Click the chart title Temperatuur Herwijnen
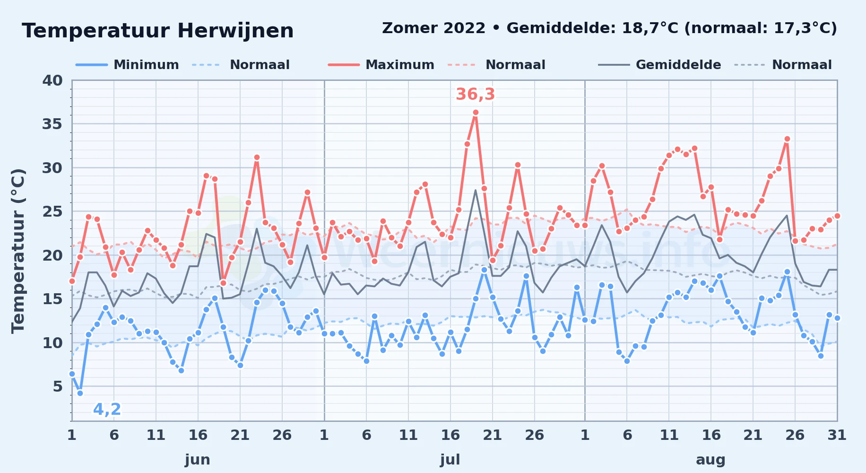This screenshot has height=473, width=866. pyautogui.click(x=158, y=31)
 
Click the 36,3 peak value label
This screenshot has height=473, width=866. pyautogui.click(x=475, y=94)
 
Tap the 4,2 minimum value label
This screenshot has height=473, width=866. pyautogui.click(x=107, y=409)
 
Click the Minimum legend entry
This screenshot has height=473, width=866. pyautogui.click(x=127, y=65)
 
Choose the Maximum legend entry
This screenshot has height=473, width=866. pyautogui.click(x=381, y=65)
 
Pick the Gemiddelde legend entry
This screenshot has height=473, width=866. pyautogui.click(x=659, y=65)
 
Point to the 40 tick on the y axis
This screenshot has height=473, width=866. pyautogui.click(x=52, y=80)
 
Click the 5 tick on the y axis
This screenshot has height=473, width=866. pyautogui.click(x=58, y=386)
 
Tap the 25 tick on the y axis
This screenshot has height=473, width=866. pyautogui.click(x=52, y=211)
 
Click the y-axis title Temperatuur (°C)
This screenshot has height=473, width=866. pyautogui.click(x=18, y=251)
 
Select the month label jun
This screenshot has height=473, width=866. pyautogui.click(x=198, y=459)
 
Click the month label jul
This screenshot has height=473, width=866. pyautogui.click(x=450, y=459)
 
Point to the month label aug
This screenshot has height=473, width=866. pyautogui.click(x=710, y=460)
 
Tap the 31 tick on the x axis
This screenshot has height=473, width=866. pyautogui.click(x=837, y=435)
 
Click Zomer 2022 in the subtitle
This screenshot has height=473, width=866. pyautogui.click(x=433, y=28)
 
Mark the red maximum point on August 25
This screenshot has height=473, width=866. pyautogui.click(x=787, y=139)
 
